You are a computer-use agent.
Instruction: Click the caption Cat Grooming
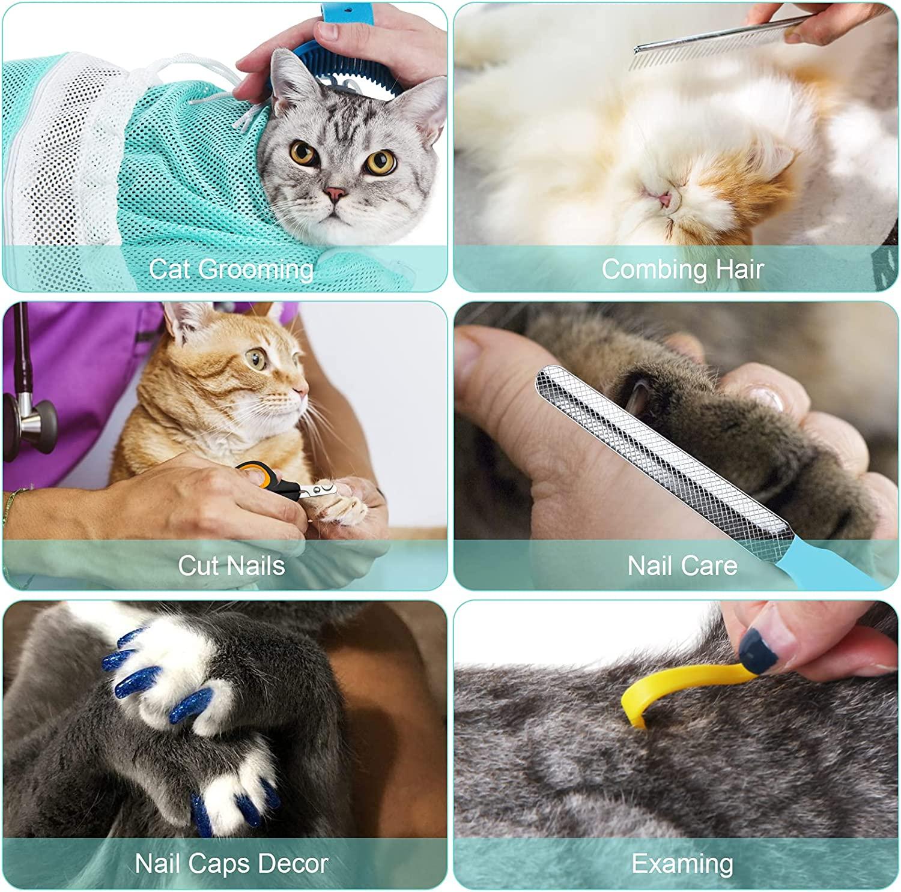[x=231, y=268]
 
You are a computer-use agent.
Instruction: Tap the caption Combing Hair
[x=682, y=268]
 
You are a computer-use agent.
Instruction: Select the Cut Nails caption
[x=231, y=565]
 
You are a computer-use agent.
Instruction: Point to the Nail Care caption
[x=682, y=565]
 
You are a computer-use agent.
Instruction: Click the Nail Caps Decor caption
[x=231, y=863]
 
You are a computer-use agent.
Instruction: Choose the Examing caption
[x=682, y=863]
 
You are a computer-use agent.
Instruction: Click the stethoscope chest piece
[x=33, y=420]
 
